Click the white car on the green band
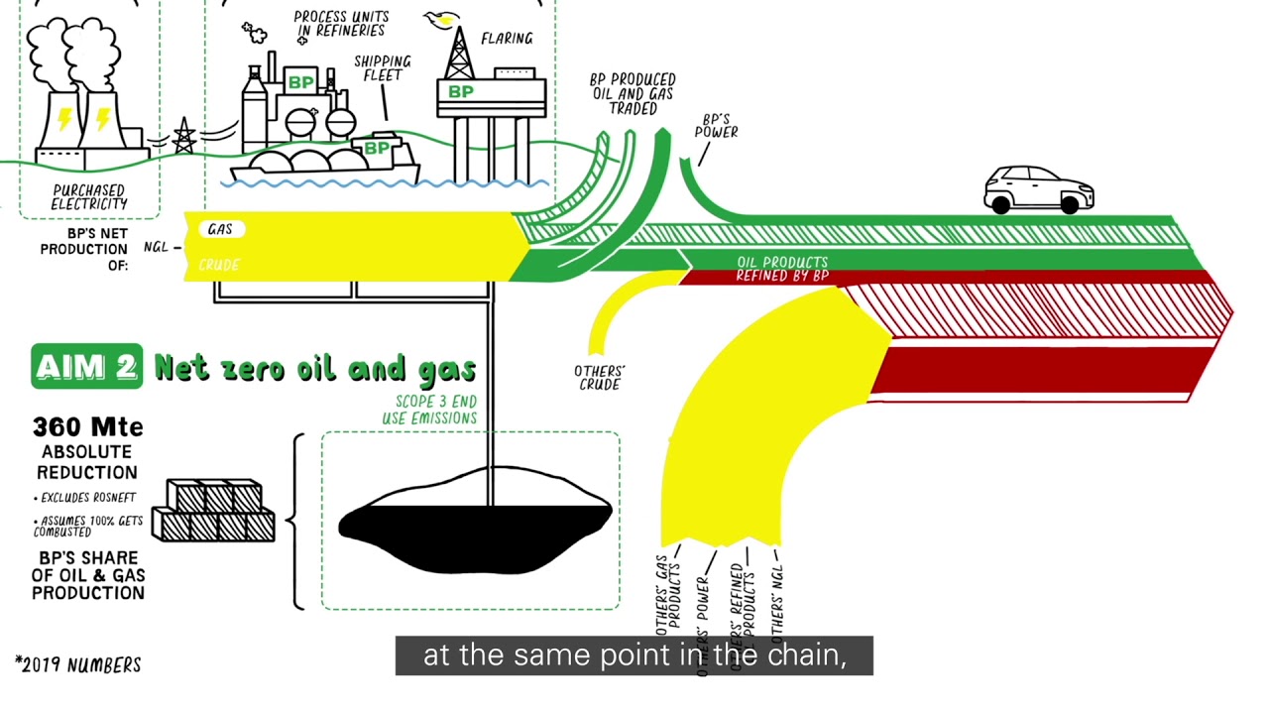point(1038,189)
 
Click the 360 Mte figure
point(88,427)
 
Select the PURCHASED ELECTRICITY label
point(89,196)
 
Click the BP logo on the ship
point(377,149)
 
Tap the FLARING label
point(507,39)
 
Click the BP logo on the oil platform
point(461,92)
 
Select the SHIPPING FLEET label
point(382,68)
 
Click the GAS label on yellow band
point(220,229)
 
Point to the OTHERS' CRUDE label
point(599,378)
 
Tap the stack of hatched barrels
point(213,511)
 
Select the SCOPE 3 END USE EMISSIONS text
point(429,410)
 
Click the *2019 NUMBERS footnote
point(78,665)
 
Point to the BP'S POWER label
point(716,125)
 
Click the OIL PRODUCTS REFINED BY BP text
point(781,269)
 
